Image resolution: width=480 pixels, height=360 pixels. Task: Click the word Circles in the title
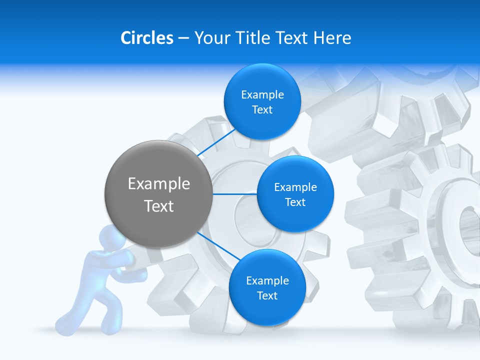point(147,37)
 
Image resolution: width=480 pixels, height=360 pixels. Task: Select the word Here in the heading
point(332,37)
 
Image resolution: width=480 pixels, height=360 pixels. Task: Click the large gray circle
point(158,194)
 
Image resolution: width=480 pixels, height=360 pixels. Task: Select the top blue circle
point(262,102)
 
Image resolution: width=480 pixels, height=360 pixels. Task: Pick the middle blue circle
point(295,194)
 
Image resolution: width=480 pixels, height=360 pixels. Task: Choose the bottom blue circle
point(267,287)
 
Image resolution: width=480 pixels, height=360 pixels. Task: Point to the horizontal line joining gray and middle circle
point(234,194)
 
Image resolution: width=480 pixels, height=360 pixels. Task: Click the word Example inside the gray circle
point(158,183)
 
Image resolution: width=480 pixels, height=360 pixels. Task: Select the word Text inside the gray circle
point(158,205)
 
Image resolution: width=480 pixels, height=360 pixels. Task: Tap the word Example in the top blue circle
point(262,94)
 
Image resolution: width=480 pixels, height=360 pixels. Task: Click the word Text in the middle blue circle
point(295,202)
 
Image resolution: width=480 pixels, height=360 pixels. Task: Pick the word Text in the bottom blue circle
point(267,295)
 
